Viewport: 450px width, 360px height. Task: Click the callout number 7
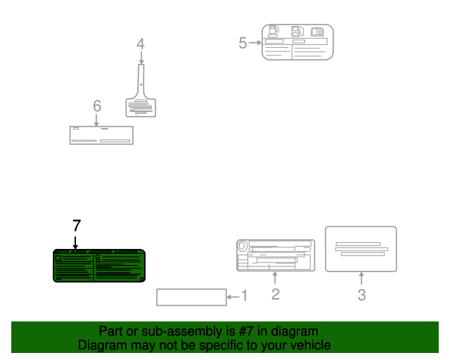[77, 226]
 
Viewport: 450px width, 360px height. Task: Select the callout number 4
[141, 44]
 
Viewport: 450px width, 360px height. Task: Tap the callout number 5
[243, 43]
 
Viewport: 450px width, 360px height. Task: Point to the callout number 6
[97, 105]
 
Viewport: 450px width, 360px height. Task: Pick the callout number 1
[244, 295]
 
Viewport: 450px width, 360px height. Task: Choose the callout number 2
[276, 295]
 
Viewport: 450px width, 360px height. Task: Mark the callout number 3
[361, 295]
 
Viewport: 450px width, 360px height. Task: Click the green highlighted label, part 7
[99, 266]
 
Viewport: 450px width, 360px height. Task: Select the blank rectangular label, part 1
[191, 297]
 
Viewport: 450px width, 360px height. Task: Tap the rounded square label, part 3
[361, 249]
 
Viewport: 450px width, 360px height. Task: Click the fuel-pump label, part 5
[297, 42]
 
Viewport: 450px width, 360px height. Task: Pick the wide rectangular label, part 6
[101, 135]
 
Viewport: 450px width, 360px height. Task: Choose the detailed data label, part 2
[276, 255]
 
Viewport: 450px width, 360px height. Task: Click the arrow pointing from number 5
[255, 43]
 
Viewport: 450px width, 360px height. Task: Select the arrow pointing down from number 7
[75, 243]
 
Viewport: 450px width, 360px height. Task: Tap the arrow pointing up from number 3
[361, 278]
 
